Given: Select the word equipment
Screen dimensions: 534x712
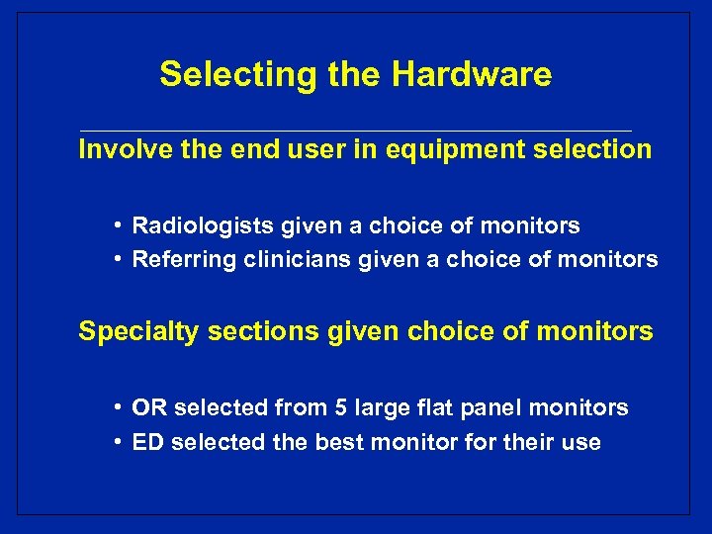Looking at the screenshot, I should click(x=434, y=150).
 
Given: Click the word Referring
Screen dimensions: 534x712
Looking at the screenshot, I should click(x=176, y=260).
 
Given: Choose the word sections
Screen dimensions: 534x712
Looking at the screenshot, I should click(x=237, y=331).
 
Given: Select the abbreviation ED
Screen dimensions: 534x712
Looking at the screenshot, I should click(x=147, y=442).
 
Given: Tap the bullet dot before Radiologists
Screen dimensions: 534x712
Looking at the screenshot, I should click(x=118, y=226).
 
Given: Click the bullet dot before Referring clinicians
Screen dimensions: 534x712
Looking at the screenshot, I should click(x=118, y=260).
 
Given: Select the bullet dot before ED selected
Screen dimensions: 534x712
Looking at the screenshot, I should click(x=118, y=442).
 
